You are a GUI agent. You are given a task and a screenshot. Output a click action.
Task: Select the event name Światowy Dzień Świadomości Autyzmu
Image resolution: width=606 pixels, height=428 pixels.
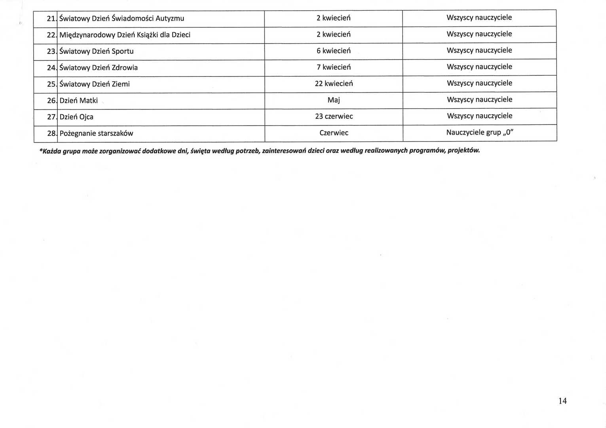pos(122,19)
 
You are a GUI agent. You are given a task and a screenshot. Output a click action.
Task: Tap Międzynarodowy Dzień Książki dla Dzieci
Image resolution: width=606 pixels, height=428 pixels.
pos(125,35)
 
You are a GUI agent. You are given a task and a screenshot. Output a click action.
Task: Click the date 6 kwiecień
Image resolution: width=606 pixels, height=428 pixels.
pos(333,51)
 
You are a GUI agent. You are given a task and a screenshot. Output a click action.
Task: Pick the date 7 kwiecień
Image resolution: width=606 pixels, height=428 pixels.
pos(333,67)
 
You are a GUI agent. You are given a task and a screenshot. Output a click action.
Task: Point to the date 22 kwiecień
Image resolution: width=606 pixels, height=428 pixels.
pos(334,84)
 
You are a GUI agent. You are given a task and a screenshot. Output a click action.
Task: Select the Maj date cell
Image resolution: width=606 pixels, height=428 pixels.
pos(334,100)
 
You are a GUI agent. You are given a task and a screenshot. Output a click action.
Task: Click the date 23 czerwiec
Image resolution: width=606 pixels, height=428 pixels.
pos(334,116)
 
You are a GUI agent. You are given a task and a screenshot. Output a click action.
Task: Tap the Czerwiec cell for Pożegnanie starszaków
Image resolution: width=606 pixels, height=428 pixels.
pos(334,133)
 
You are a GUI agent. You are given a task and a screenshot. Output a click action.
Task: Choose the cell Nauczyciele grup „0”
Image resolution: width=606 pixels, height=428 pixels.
pos(480,132)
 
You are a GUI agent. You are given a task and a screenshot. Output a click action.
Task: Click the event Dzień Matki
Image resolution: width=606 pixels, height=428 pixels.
pos(78,101)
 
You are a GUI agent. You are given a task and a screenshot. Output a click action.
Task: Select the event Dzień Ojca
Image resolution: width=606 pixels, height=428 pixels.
pos(76,117)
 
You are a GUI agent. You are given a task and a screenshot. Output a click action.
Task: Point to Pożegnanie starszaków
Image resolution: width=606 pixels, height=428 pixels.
pos(96,134)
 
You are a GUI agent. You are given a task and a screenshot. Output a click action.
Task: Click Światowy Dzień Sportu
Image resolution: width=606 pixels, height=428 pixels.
pos(96,52)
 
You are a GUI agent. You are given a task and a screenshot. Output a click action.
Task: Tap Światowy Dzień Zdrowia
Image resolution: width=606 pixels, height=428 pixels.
pos(99,68)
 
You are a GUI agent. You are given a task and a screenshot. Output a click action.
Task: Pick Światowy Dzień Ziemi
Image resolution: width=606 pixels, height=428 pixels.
pos(95,84)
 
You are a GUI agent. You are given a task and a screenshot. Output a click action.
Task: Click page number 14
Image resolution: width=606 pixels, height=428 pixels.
pos(562,401)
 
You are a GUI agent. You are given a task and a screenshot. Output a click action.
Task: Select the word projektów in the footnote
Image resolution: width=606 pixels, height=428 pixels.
pos(464,151)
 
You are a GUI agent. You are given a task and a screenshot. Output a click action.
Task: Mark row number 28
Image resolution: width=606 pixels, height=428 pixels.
pos(51,134)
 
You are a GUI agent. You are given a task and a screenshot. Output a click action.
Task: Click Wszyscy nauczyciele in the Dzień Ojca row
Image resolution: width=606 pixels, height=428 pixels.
pos(479,116)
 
